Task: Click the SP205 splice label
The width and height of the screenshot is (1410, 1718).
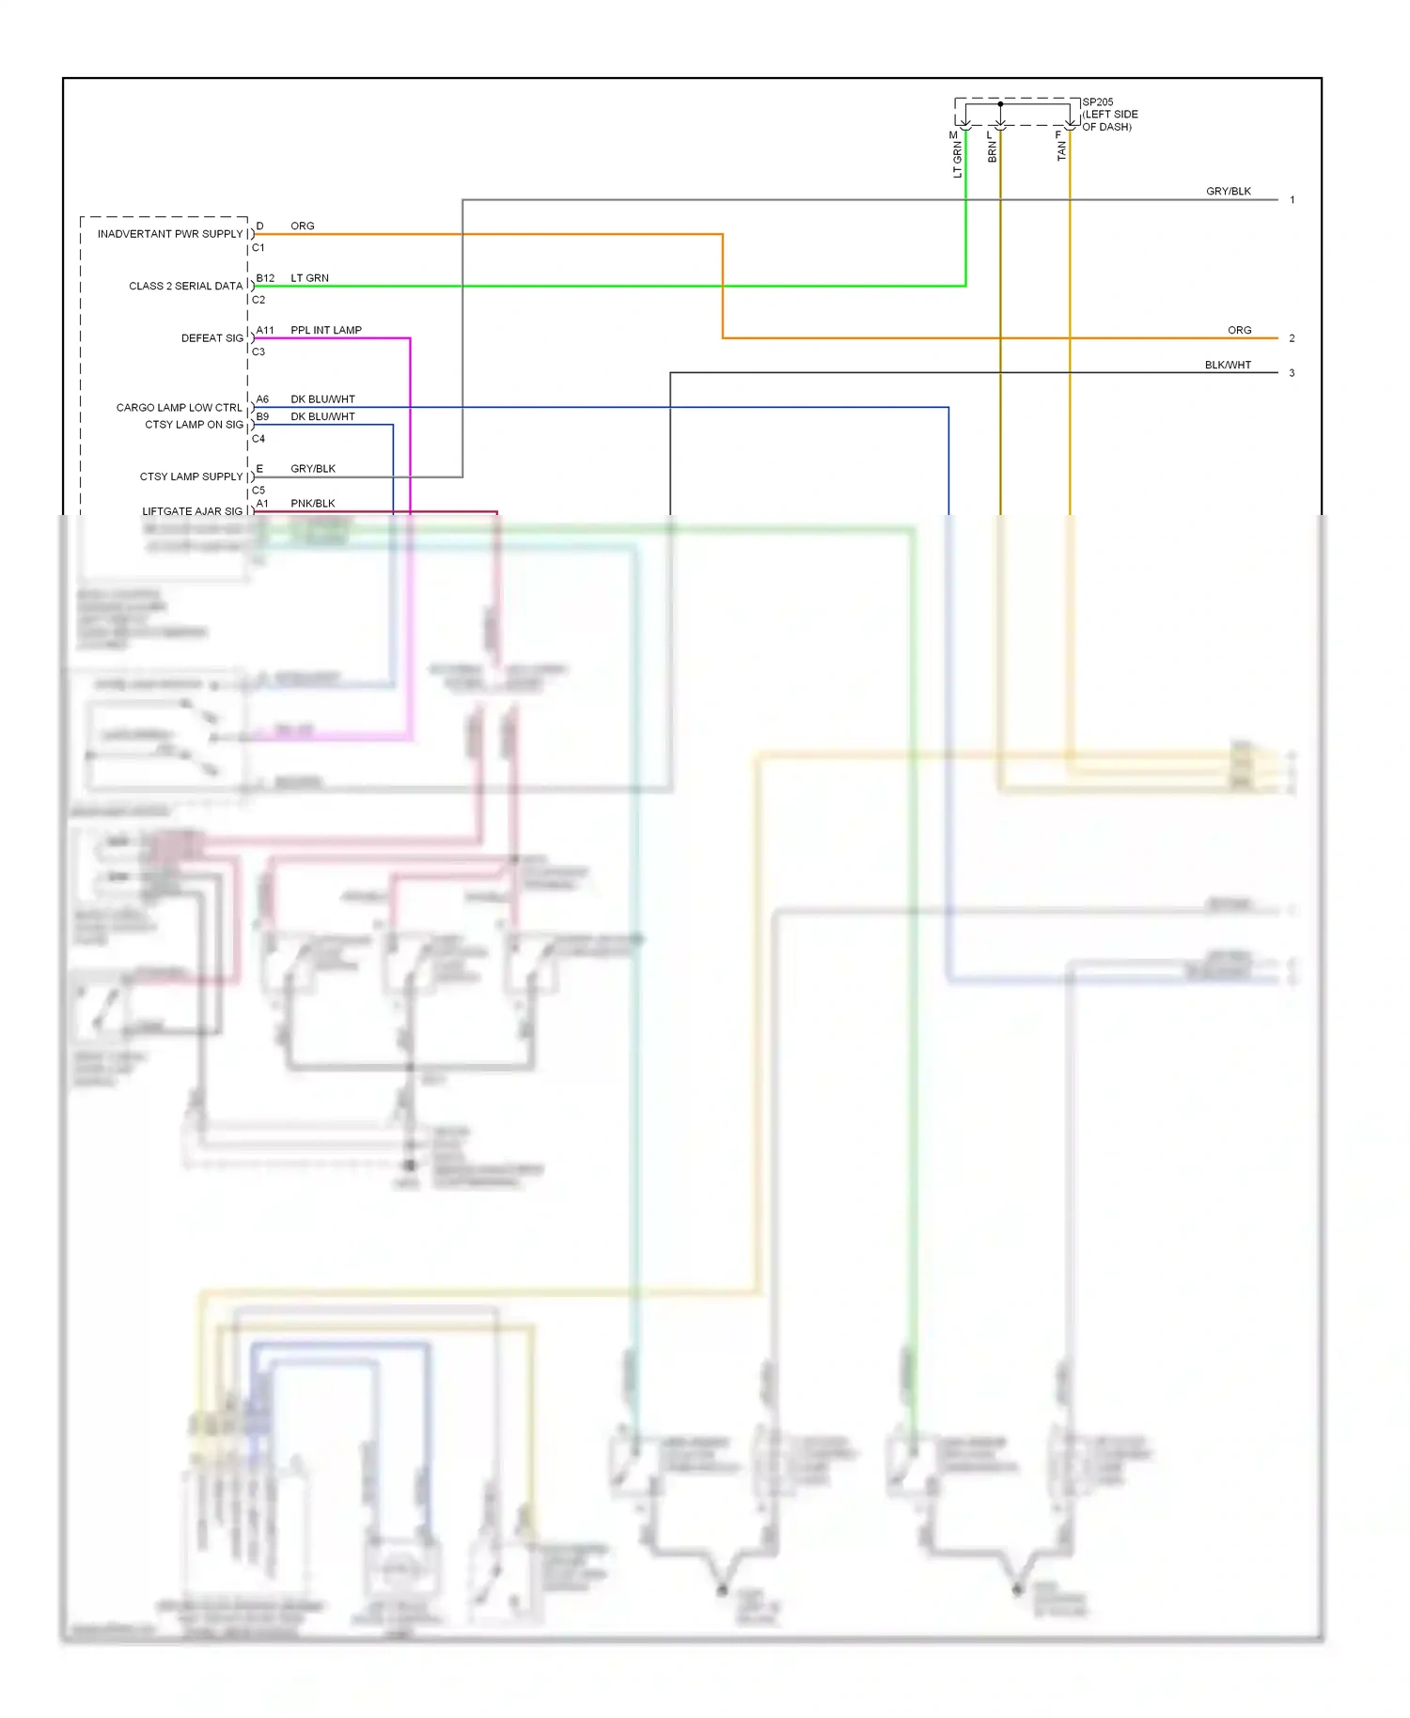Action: click(1098, 102)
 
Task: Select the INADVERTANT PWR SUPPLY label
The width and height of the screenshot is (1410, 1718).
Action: click(170, 234)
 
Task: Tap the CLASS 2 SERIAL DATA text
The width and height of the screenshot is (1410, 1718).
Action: click(185, 286)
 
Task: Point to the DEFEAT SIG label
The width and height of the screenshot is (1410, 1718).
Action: click(211, 338)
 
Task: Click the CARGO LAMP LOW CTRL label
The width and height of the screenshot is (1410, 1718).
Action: click(179, 408)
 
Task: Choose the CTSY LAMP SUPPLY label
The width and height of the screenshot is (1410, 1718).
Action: click(191, 476)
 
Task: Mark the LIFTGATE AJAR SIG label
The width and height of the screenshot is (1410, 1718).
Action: click(192, 511)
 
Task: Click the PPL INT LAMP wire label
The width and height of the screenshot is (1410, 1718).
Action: click(326, 330)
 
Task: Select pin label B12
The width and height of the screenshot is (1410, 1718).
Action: click(265, 278)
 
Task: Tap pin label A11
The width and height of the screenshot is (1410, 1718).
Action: click(265, 330)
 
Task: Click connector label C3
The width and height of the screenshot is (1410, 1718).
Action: click(258, 351)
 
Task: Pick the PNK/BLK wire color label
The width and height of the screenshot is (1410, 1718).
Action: click(313, 504)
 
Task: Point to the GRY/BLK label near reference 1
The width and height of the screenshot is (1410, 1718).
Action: click(1229, 192)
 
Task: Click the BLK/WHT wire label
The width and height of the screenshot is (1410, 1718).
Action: click(1228, 366)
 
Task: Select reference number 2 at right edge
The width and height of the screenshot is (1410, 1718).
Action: click(1292, 338)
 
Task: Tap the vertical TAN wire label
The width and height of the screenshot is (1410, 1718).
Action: click(1062, 151)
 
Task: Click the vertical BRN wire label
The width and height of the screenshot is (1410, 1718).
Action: click(993, 152)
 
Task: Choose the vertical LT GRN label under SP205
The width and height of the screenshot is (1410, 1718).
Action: click(958, 160)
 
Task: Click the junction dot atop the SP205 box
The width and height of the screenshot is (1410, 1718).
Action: click(1000, 103)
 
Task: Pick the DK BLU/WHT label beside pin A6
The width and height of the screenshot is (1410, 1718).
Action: click(322, 399)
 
